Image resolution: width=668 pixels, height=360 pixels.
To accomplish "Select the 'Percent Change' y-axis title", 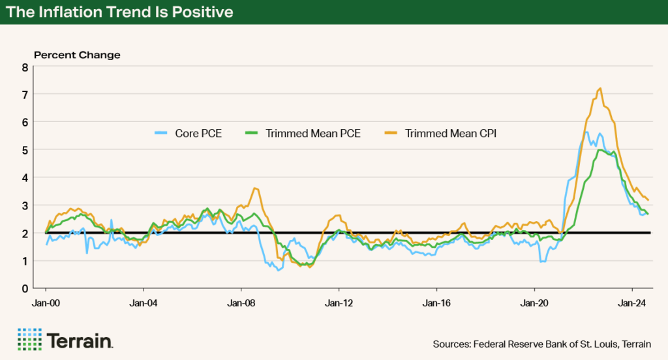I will [x=77, y=55].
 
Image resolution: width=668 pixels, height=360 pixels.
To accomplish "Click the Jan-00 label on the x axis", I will [x=46, y=303].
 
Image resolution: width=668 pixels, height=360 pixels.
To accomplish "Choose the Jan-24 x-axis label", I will [x=632, y=303].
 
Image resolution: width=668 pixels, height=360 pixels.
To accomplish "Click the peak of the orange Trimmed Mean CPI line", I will [x=600, y=89].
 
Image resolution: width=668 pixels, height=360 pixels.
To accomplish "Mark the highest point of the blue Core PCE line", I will [x=587, y=132].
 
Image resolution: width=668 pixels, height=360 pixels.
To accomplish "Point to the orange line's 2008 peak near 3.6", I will [x=254, y=188].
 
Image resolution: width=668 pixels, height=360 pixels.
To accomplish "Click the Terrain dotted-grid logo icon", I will [x=29, y=339].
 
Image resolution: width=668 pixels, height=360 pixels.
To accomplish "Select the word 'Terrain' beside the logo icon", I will [x=80, y=340].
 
